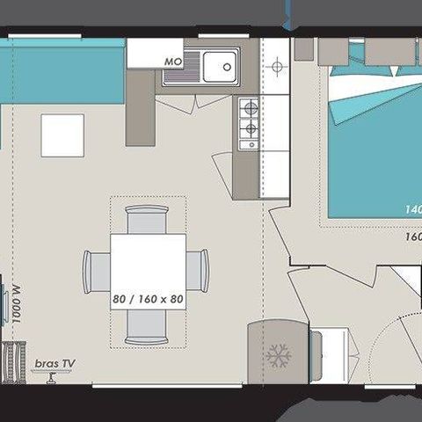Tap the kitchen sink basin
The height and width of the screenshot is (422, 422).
click(221, 64)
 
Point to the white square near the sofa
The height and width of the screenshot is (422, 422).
click(62, 135)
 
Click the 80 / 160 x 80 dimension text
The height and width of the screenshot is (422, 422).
click(148, 299)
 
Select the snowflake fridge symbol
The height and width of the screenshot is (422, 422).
click(278, 356)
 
